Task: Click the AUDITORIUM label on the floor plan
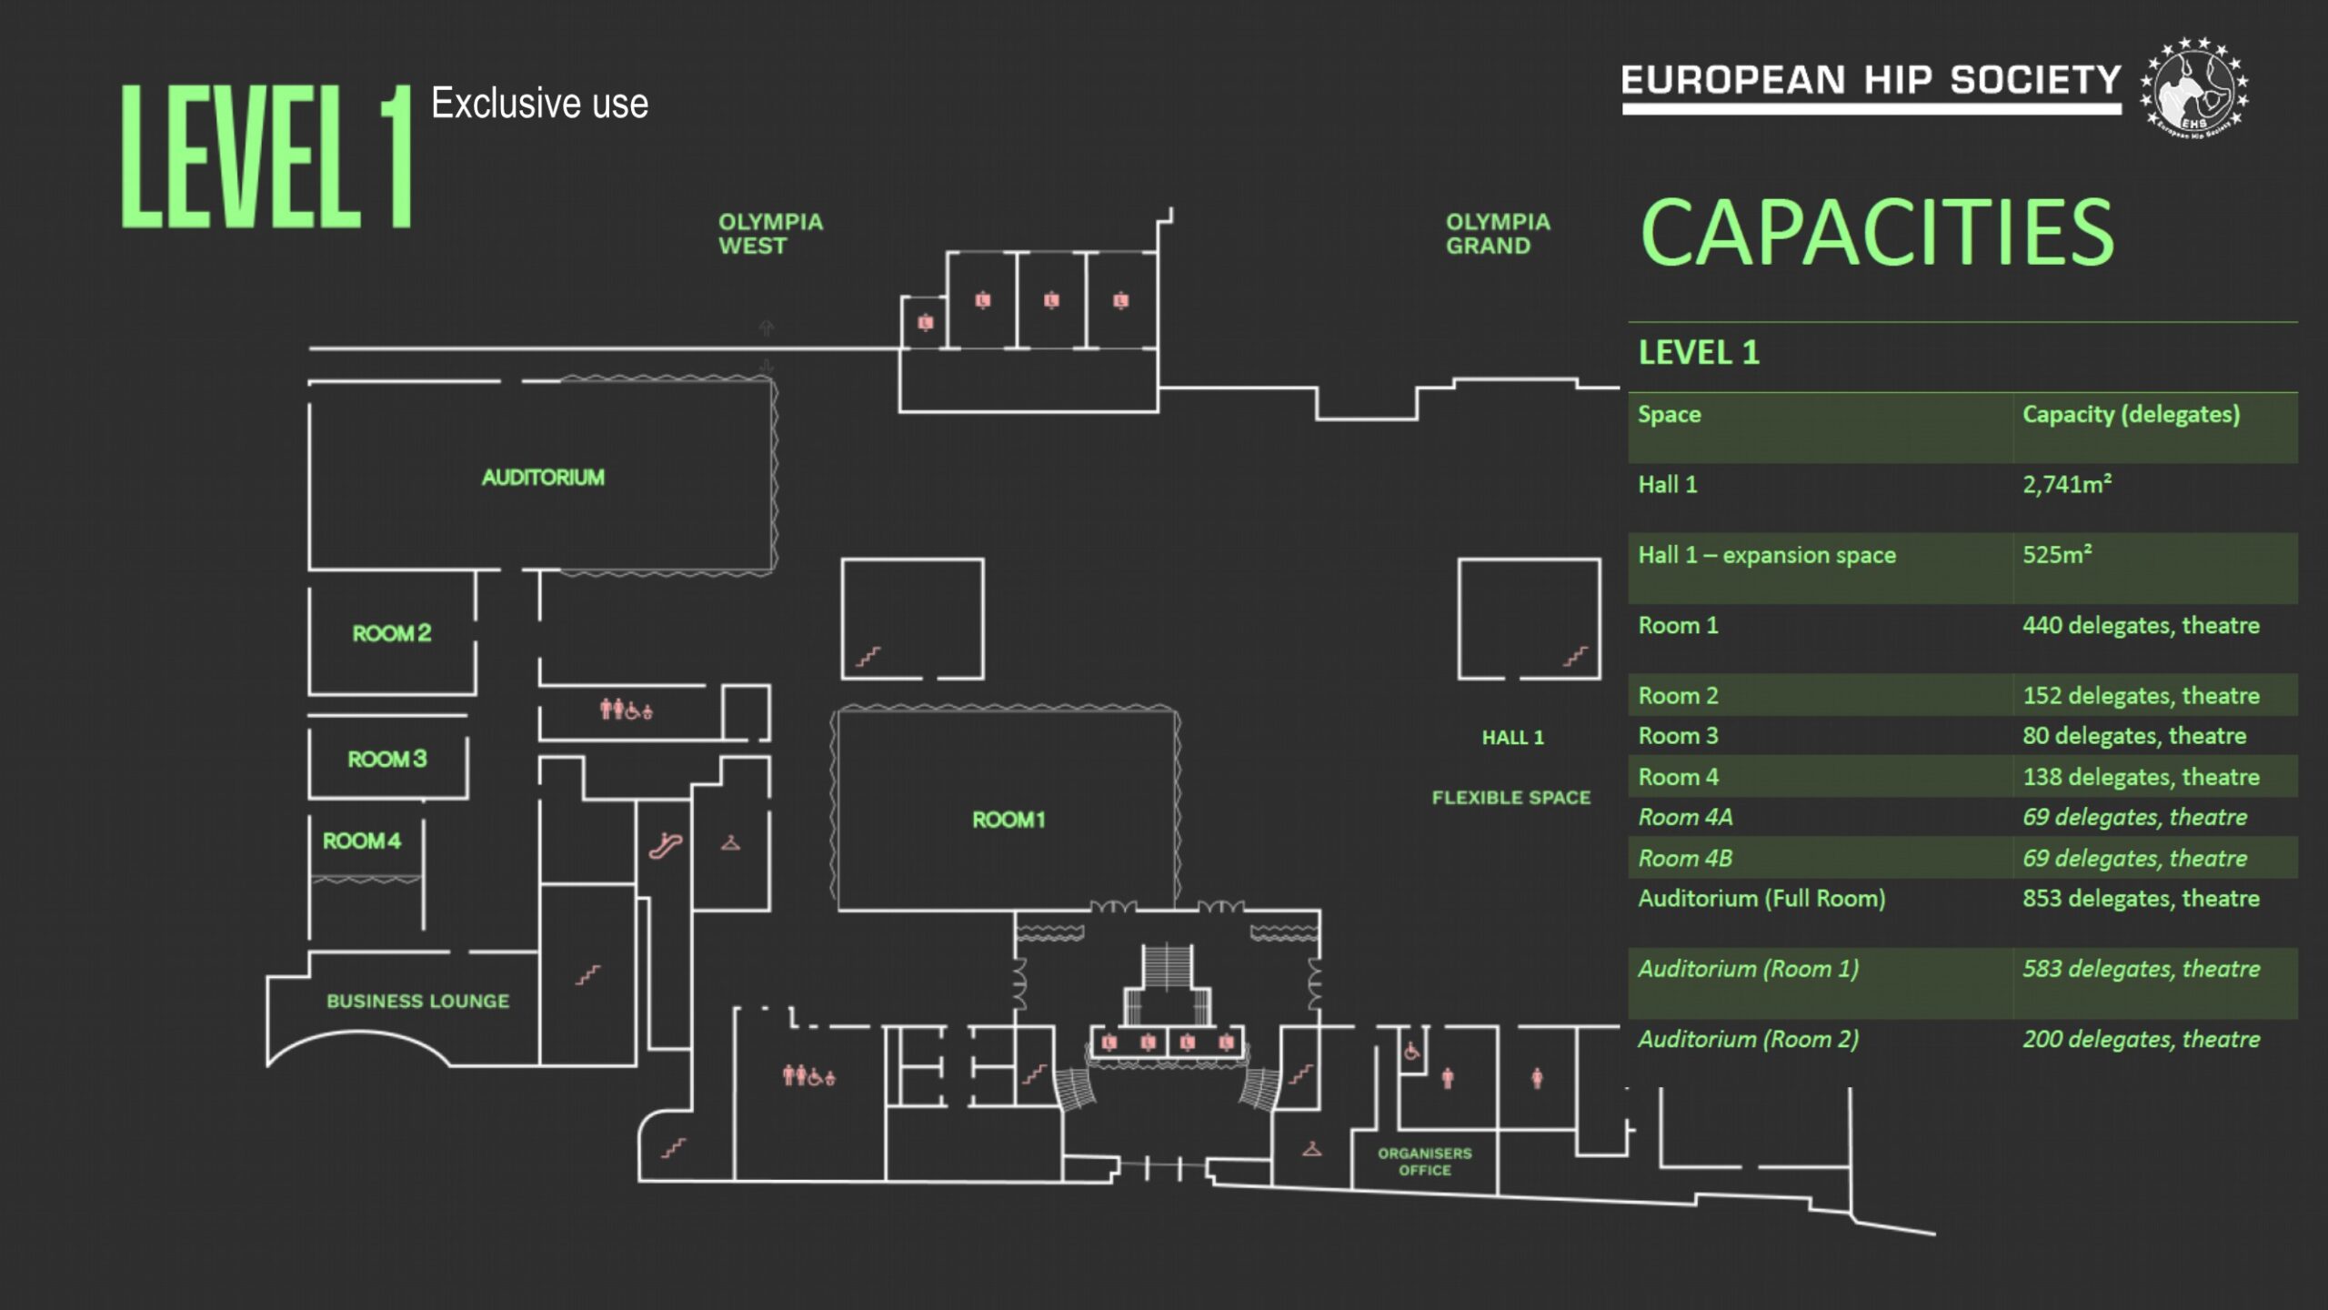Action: tap(543, 478)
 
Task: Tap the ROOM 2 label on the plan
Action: tap(392, 633)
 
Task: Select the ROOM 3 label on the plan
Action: tap(387, 759)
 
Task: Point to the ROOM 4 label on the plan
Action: tap(362, 841)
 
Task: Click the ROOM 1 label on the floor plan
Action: tap(1008, 820)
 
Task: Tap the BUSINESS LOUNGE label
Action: tap(417, 1001)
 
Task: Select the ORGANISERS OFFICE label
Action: tap(1424, 1162)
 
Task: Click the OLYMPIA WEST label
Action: tap(770, 234)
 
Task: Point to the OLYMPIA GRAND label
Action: tap(1498, 234)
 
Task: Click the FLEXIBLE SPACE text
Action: tap(1511, 798)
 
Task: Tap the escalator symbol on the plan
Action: tap(666, 846)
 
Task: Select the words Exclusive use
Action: tap(539, 103)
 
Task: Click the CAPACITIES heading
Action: tap(1877, 233)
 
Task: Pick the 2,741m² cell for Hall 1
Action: tap(2067, 484)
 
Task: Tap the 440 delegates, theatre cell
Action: tap(2141, 626)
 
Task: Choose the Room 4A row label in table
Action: tap(1685, 818)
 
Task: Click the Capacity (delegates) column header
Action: tap(2131, 415)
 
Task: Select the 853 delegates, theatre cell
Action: tap(2141, 899)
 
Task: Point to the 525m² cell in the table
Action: tap(2057, 554)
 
